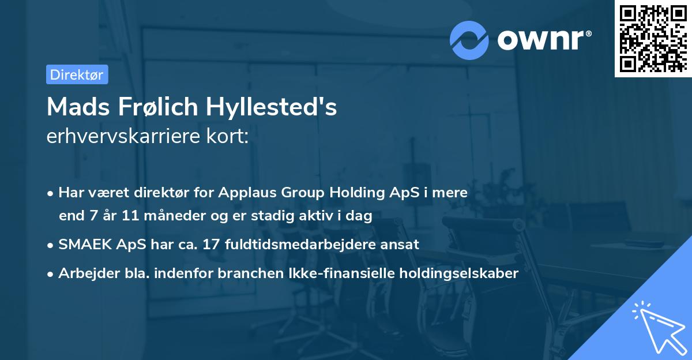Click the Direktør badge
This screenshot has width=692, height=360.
click(77, 74)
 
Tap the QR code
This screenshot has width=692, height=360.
click(652, 38)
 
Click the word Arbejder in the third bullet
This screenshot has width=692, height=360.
click(85, 273)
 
